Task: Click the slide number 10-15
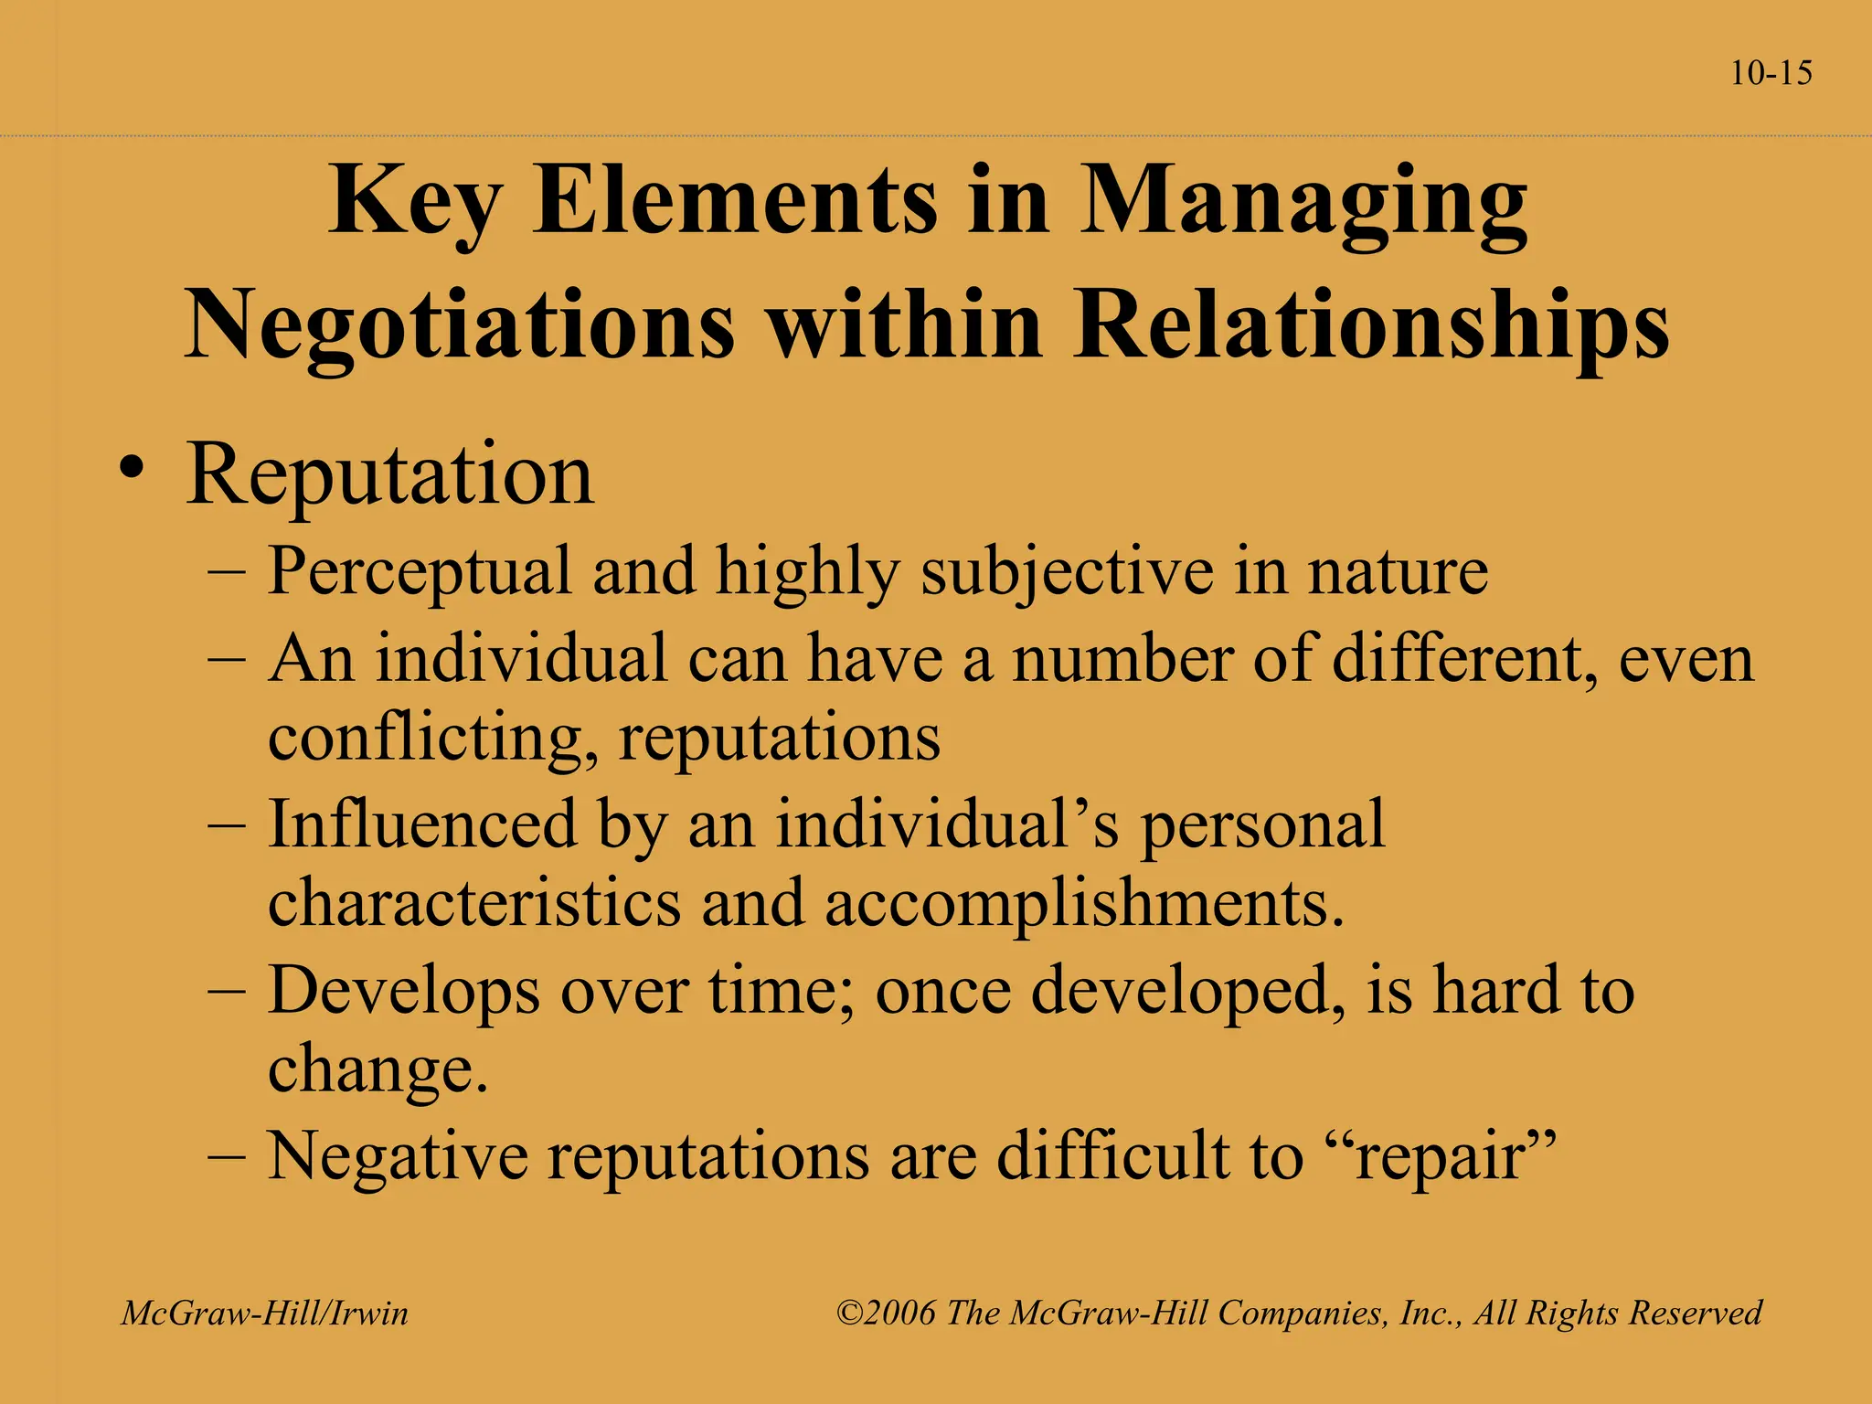1771,73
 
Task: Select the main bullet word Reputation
390,475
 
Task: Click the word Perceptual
420,572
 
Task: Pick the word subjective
1066,572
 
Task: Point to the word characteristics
474,903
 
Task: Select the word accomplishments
1084,903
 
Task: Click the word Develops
403,991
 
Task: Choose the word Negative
398,1155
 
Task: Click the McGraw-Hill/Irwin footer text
265,1314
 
